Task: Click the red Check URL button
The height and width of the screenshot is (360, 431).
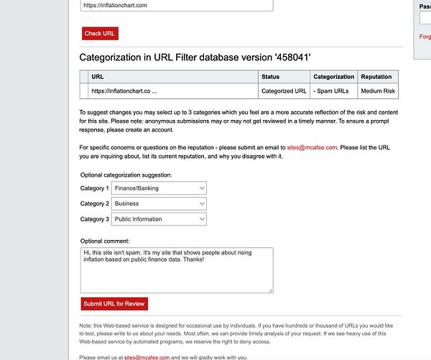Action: click(x=100, y=34)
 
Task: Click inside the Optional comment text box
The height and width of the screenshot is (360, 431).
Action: click(x=177, y=270)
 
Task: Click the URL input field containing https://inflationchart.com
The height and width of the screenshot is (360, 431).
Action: click(x=177, y=5)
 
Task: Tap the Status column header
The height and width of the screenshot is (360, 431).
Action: click(x=271, y=77)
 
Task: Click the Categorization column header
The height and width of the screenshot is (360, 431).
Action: click(x=333, y=77)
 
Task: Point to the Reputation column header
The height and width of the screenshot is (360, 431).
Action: click(x=376, y=77)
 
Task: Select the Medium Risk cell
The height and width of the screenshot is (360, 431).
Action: click(x=378, y=91)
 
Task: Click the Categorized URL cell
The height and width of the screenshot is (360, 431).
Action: click(x=284, y=91)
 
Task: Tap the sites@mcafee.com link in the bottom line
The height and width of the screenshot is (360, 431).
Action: click(x=147, y=357)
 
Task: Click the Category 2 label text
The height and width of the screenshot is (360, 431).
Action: click(x=94, y=204)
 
